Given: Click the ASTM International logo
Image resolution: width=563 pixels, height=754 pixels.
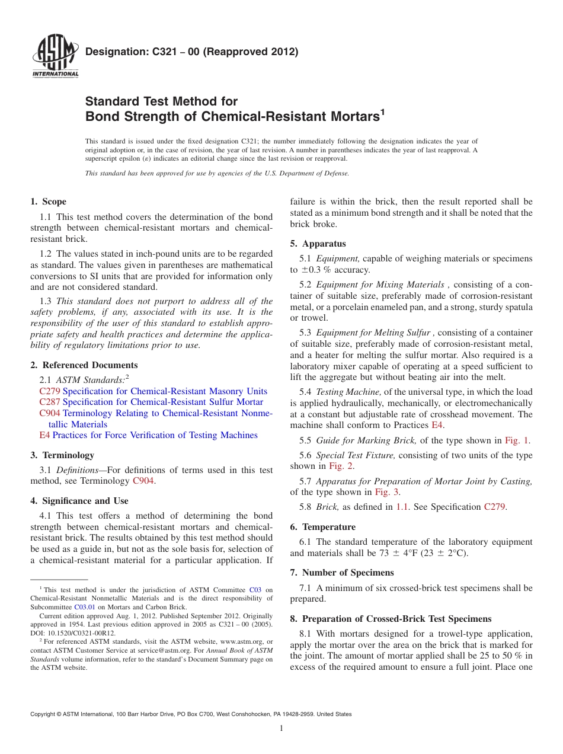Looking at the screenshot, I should click(x=55, y=57).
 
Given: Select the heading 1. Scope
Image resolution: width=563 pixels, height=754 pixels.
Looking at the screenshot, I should click(x=48, y=202).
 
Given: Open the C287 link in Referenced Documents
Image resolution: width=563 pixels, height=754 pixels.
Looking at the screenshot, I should click(x=50, y=402).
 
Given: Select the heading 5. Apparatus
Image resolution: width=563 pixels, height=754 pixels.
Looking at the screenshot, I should click(x=318, y=244).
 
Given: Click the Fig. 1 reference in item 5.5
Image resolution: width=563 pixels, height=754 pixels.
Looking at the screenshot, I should click(x=517, y=440).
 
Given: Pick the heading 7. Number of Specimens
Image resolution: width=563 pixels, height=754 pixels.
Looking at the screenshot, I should click(x=341, y=573).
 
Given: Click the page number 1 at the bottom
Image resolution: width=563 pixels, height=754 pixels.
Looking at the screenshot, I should click(x=281, y=729).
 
